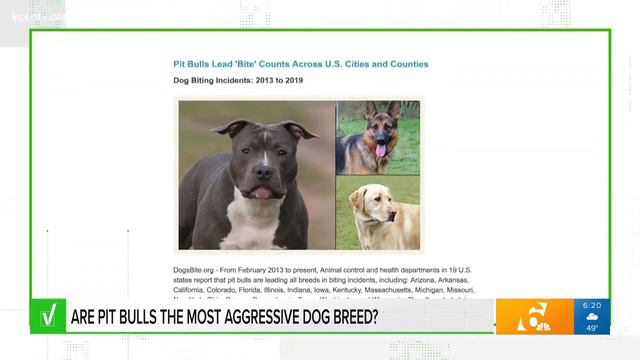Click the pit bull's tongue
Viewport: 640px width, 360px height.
pos(261,192)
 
